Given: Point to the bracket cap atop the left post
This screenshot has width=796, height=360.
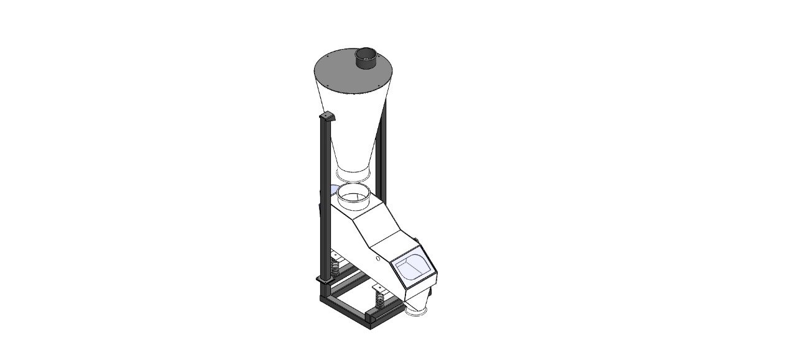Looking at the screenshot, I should click(x=326, y=118).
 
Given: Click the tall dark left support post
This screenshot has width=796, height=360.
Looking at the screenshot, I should click(x=324, y=187).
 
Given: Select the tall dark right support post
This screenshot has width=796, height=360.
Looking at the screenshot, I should click(x=385, y=143).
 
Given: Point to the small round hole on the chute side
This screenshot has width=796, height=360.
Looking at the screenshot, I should click(x=377, y=258).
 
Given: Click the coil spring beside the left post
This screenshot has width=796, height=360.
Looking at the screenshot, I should click(x=334, y=269).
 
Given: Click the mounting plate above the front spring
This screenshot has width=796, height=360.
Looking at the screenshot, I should click(x=379, y=288).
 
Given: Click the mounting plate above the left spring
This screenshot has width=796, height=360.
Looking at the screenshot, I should click(x=336, y=256).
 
